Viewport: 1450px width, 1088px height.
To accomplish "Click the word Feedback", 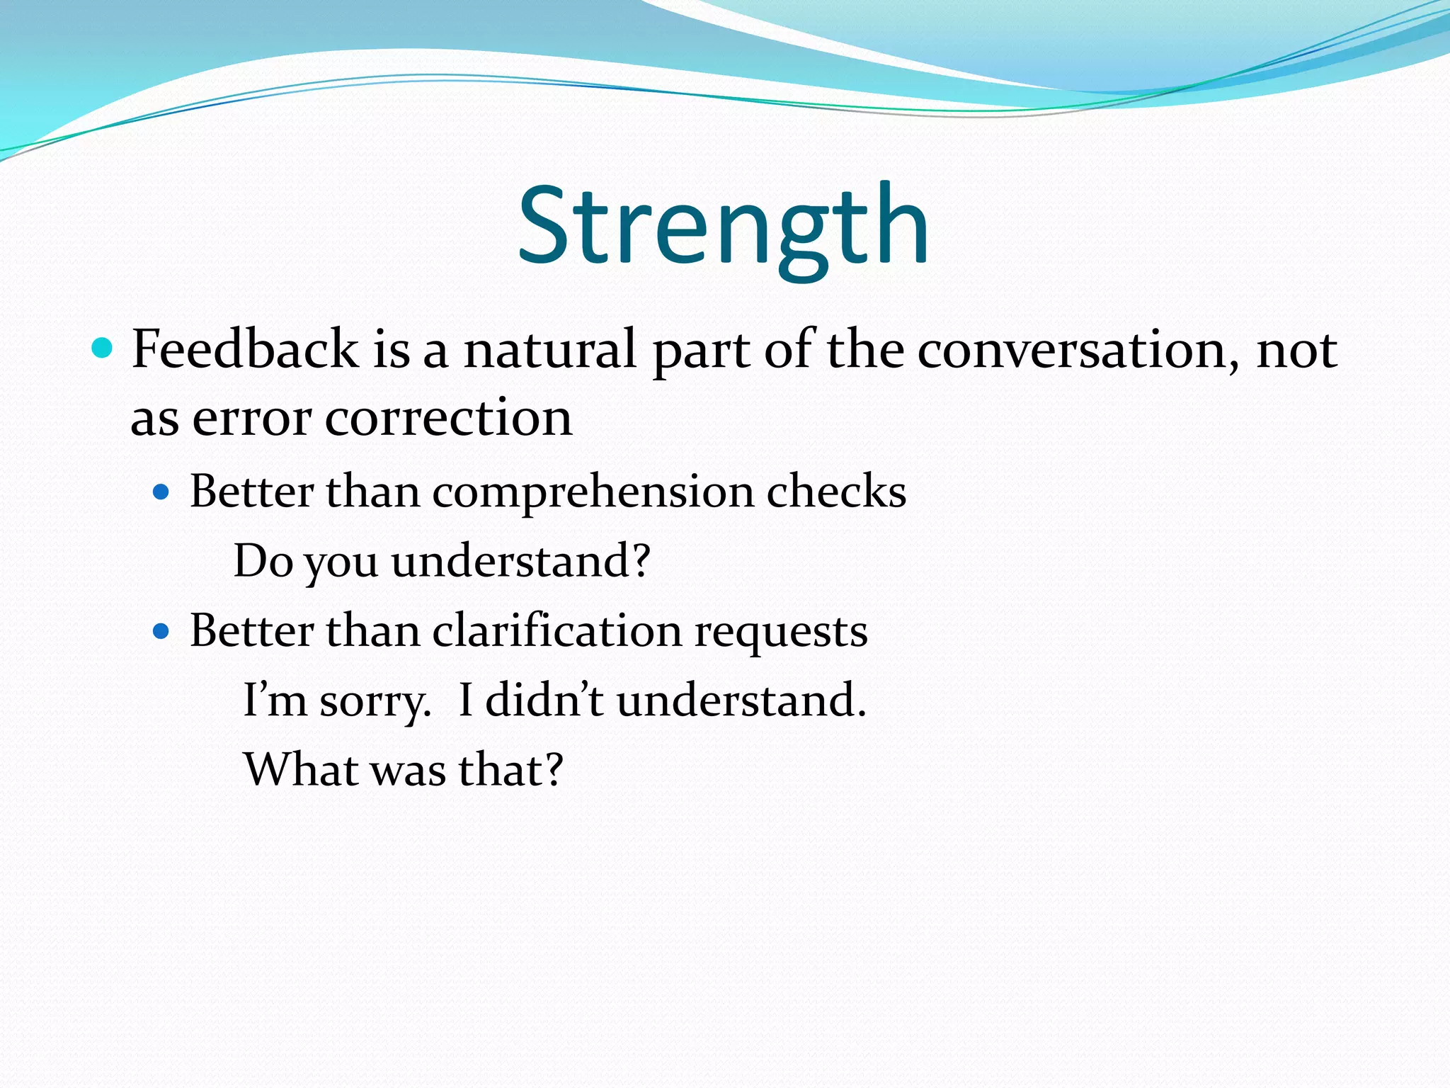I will (245, 349).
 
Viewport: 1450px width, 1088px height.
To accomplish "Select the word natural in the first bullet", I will (549, 349).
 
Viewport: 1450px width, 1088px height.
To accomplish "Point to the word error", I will (252, 418).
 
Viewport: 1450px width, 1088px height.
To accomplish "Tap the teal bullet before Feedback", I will (103, 348).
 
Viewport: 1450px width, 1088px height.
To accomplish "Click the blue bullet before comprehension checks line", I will (161, 492).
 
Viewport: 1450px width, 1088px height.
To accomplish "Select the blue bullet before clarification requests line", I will (161, 630).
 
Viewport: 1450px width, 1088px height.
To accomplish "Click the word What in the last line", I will (300, 769).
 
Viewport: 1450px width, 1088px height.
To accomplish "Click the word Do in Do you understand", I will (263, 561).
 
